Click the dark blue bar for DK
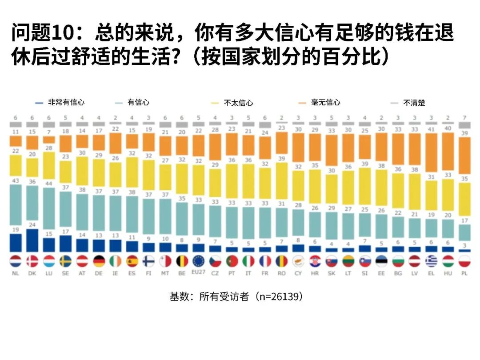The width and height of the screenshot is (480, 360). click(32, 240)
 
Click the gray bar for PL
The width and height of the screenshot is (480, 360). click(464, 125)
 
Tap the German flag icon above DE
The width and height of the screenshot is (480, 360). click(99, 261)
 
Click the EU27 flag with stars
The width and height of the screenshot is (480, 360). click(198, 261)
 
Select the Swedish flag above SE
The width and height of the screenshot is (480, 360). click(65, 261)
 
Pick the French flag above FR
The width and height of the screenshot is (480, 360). click(265, 261)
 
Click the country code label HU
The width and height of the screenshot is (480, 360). click(448, 273)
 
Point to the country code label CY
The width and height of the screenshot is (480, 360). click(298, 273)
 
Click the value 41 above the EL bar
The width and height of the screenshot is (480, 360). click(431, 129)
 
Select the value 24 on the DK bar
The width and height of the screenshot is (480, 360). click(32, 225)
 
